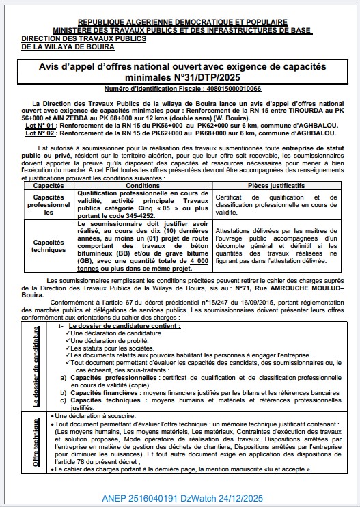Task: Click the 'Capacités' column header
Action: pyautogui.click(x=49, y=185)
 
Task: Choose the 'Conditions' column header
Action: pyautogui.click(x=143, y=185)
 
